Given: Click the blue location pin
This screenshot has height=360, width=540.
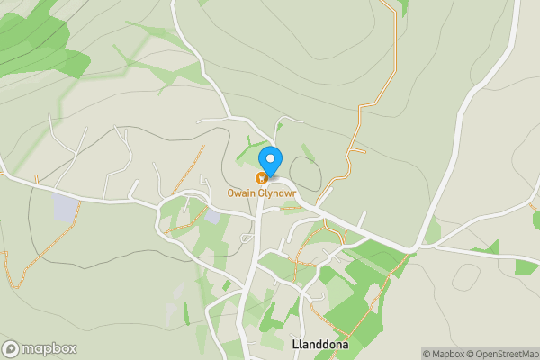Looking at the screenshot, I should tap(270, 160).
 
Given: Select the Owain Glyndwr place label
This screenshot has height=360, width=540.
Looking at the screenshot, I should tap(261, 193).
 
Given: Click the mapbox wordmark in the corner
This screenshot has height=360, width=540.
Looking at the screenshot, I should tap(43, 348).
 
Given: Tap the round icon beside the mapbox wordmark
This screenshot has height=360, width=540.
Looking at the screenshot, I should tap(11, 348).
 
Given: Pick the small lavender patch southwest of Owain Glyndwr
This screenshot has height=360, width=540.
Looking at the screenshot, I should tap(212, 216).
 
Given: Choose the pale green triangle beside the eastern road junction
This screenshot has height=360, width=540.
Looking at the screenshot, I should tap(433, 232).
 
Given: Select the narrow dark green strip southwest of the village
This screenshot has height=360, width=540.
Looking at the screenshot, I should tap(186, 313).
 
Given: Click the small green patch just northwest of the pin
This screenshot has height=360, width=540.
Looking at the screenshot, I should tap(250, 153).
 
